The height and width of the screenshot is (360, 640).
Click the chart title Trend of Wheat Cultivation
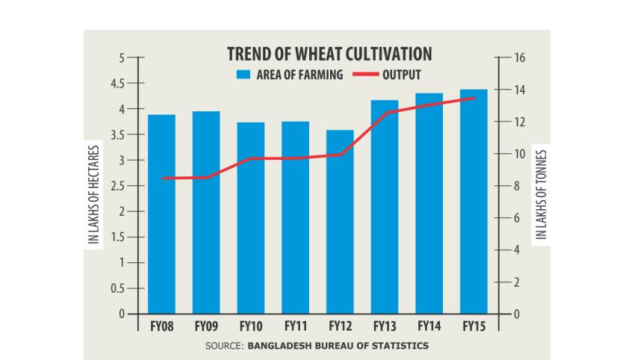[x=329, y=55]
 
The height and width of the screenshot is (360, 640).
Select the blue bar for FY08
[x=161, y=217]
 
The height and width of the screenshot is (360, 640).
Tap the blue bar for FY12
[x=340, y=224]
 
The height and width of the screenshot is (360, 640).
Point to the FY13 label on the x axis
[x=385, y=326]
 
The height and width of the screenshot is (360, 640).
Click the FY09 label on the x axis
[x=206, y=326]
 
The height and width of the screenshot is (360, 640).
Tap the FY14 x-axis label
[x=429, y=326]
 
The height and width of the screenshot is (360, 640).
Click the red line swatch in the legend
[x=365, y=74]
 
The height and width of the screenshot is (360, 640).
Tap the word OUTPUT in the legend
[x=402, y=74]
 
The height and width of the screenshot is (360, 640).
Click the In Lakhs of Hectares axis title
[x=94, y=196]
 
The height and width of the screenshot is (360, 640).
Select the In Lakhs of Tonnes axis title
[x=541, y=194]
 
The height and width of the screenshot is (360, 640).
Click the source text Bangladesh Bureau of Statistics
[x=338, y=346]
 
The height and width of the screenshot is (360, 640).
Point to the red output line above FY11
[x=295, y=158]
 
